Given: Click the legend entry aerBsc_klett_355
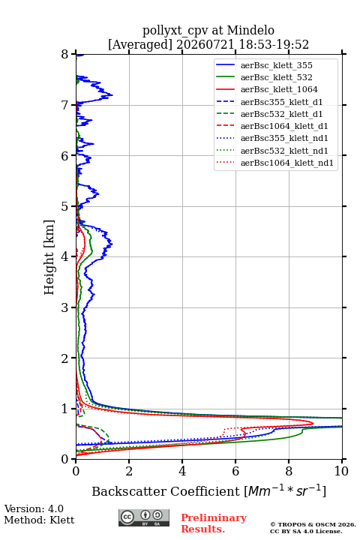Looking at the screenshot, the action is pyautogui.click(x=276, y=65).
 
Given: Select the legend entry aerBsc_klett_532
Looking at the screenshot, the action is pyautogui.click(x=276, y=77).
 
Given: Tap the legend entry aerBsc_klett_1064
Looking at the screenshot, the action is pyautogui.click(x=279, y=89).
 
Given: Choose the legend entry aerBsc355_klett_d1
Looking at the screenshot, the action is pyautogui.click(x=281, y=102).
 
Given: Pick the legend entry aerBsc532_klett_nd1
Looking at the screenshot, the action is pyautogui.click(x=284, y=151).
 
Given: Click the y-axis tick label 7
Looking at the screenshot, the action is pyautogui.click(x=64, y=105).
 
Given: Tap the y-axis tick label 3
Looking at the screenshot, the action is pyautogui.click(x=64, y=307).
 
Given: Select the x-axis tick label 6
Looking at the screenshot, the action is pyautogui.click(x=235, y=471).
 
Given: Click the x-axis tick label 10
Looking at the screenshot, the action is pyautogui.click(x=341, y=471).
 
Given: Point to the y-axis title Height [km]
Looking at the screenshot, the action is pyautogui.click(x=49, y=257).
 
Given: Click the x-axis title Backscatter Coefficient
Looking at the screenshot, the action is pyautogui.click(x=165, y=491).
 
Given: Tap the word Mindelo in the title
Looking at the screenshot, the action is pyautogui.click(x=250, y=31).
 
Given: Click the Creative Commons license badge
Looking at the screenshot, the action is pyautogui.click(x=144, y=517).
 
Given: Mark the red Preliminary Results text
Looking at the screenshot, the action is pyautogui.click(x=214, y=523).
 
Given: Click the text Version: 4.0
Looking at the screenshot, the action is pyautogui.click(x=34, y=508).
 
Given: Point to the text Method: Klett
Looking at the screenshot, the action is pyautogui.click(x=39, y=520).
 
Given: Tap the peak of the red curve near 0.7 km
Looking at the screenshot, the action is pyautogui.click(x=313, y=423).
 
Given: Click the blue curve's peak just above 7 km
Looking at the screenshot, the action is pyautogui.click(x=112, y=94).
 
